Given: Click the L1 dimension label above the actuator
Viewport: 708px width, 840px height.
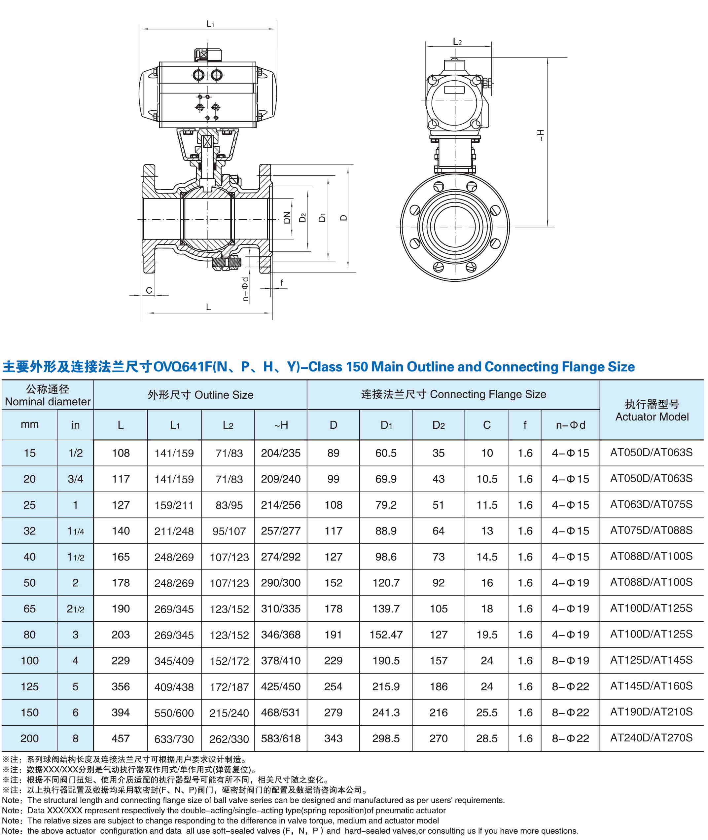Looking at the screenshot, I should point(210,24).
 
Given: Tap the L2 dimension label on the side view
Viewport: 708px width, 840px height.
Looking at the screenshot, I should point(457,42).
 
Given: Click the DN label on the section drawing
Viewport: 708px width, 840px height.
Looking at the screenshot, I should point(287,218).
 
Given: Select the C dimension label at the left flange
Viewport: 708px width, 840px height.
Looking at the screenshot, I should point(149,290).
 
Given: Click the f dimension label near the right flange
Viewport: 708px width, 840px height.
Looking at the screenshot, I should point(282,283).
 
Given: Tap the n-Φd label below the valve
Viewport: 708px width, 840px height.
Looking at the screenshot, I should point(245,289).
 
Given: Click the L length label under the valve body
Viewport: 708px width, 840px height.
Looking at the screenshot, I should point(208,307).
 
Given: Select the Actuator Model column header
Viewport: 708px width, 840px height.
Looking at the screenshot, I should point(652,410).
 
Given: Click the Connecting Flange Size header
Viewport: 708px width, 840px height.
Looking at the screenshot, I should point(453,394).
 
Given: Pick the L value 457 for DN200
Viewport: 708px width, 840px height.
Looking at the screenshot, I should point(121,738).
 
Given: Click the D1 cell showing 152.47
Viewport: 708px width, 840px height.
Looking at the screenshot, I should point(386,635).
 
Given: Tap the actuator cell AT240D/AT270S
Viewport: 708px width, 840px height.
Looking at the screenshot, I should point(652,738).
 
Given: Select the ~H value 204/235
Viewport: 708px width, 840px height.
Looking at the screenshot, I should point(281,453).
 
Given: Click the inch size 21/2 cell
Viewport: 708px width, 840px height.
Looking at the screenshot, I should point(75,609).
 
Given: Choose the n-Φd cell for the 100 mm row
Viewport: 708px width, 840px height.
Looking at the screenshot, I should point(570,661).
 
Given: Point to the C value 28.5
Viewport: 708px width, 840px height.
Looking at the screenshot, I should point(486,738).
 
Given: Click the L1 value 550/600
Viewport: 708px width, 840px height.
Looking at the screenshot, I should point(174,713).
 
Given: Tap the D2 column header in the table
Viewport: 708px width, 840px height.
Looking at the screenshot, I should point(438,425).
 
